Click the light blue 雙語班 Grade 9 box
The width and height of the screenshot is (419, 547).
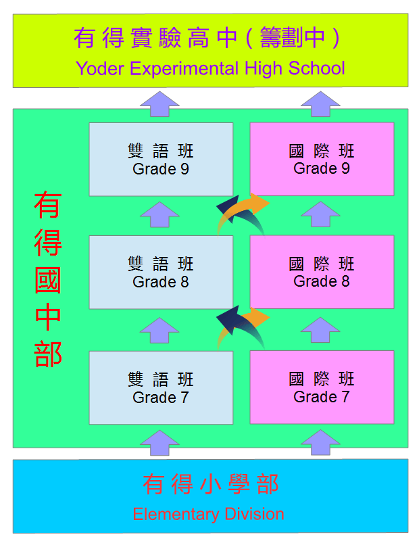coord(161,159)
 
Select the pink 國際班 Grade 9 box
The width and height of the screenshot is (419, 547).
coord(322,159)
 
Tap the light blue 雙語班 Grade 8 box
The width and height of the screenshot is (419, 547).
coord(161,272)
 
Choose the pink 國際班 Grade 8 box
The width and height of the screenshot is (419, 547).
coord(322,272)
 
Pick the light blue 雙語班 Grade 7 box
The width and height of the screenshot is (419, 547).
coord(161,387)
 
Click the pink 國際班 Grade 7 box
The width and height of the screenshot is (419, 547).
coord(322,387)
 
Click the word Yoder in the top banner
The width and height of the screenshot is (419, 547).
coord(100,68)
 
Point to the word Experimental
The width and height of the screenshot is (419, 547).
coord(184,69)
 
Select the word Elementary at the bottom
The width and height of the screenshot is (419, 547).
coord(176,515)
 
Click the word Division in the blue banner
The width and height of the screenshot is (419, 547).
coord(254,514)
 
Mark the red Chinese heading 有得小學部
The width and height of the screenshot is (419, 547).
coord(211,484)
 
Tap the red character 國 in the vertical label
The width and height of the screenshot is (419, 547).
coord(48,280)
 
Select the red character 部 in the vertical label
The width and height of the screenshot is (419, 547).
coord(48,354)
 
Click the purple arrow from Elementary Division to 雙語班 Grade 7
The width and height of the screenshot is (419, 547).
coord(159,443)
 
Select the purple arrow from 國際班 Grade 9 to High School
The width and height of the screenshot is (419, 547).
coord(320,104)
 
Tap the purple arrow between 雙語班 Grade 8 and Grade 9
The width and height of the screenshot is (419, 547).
coord(159,214)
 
